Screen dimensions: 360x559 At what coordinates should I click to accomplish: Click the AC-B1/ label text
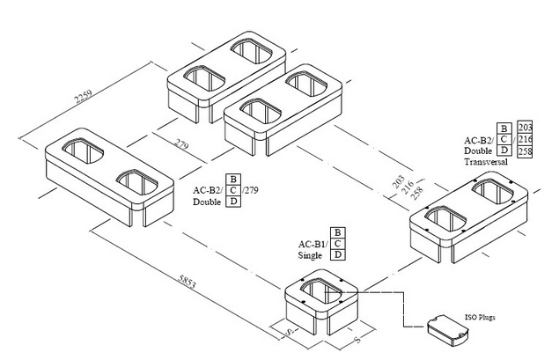click(x=313, y=243)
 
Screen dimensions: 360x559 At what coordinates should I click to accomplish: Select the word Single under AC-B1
click(x=311, y=254)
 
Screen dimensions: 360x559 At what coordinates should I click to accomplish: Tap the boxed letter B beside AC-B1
click(x=338, y=231)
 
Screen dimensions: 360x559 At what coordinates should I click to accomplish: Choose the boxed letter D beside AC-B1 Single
click(x=338, y=254)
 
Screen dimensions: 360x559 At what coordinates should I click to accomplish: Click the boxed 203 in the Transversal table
click(x=526, y=128)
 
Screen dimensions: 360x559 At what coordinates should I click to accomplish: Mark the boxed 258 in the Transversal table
click(x=526, y=152)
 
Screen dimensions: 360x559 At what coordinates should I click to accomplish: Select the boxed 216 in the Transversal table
click(x=526, y=140)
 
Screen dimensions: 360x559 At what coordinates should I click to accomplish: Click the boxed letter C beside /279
click(x=233, y=190)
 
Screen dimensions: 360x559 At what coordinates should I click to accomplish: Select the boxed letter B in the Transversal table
click(x=504, y=128)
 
